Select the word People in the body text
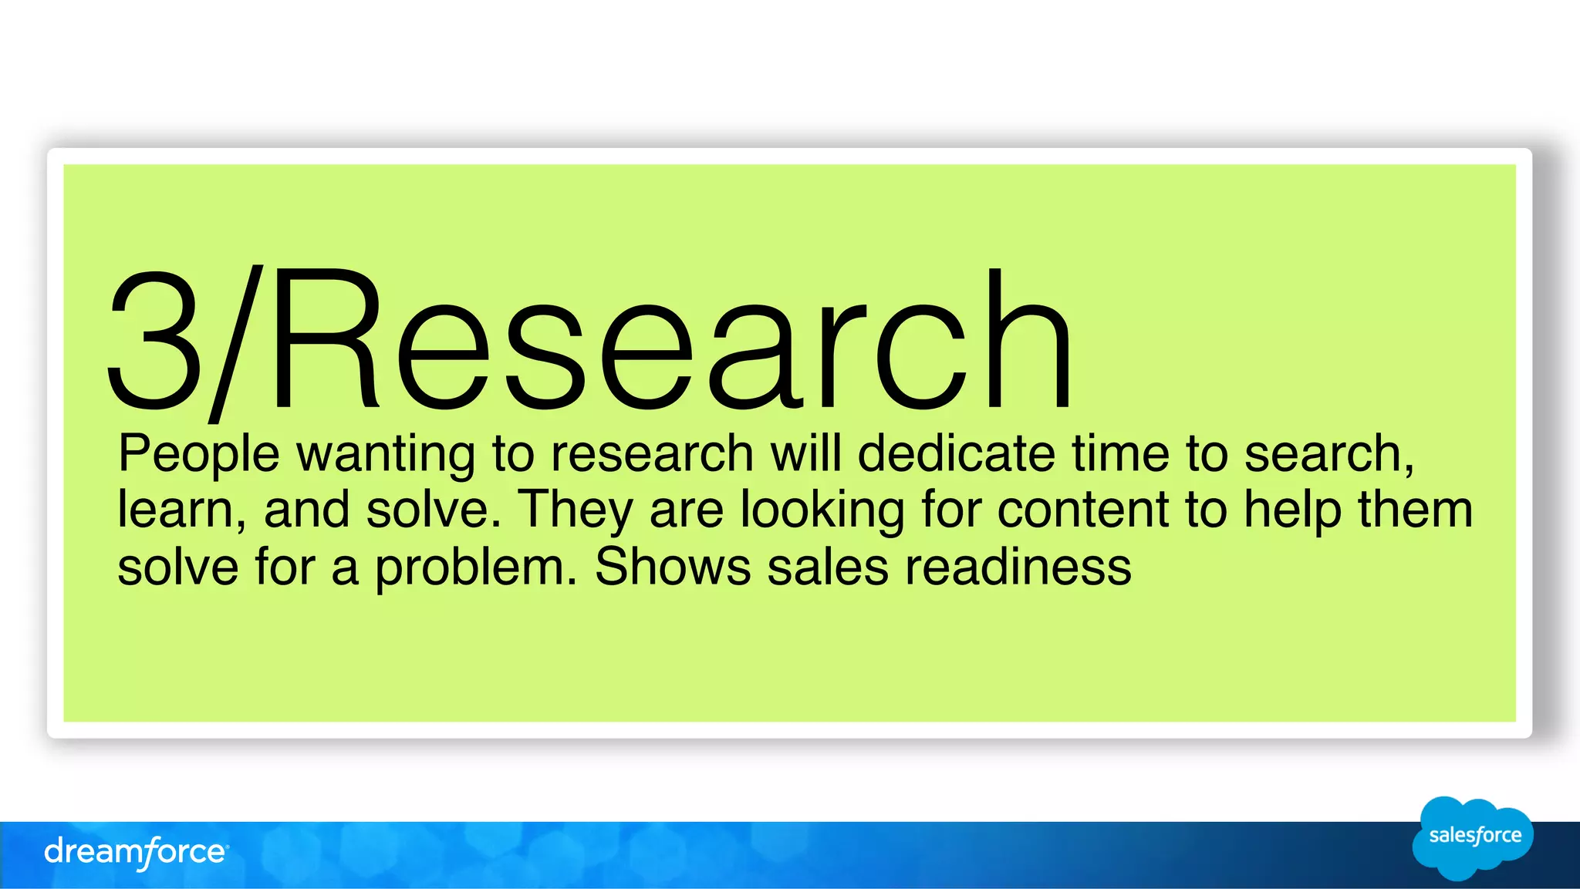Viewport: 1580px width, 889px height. point(198,455)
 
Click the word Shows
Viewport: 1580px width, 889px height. point(673,567)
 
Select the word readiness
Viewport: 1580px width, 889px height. point(1018,567)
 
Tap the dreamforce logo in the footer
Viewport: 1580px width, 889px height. point(136,853)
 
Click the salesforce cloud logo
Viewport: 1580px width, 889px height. point(1474,837)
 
